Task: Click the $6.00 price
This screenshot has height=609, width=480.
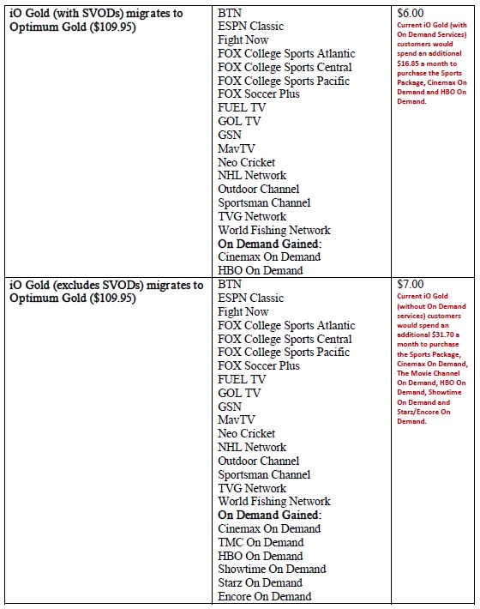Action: [x=411, y=14]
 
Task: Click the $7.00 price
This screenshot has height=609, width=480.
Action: [x=411, y=284]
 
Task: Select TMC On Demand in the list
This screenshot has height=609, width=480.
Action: [x=261, y=542]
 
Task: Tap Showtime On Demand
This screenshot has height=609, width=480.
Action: [x=272, y=569]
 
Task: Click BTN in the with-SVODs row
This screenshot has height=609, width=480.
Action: [x=230, y=14]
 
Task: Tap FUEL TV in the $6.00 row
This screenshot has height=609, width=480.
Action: [x=242, y=108]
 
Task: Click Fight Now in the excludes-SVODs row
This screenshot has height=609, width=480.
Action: [x=243, y=311]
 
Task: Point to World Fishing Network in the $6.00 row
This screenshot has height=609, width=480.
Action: [x=274, y=230]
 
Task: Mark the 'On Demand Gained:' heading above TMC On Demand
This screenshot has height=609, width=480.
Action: [x=269, y=515]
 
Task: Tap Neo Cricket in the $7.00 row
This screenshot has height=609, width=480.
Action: [x=247, y=433]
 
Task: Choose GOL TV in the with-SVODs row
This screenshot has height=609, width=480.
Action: [x=239, y=122]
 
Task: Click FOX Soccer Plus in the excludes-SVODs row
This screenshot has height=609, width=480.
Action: [x=259, y=365]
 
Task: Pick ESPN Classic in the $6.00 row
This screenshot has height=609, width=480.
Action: [x=250, y=27]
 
